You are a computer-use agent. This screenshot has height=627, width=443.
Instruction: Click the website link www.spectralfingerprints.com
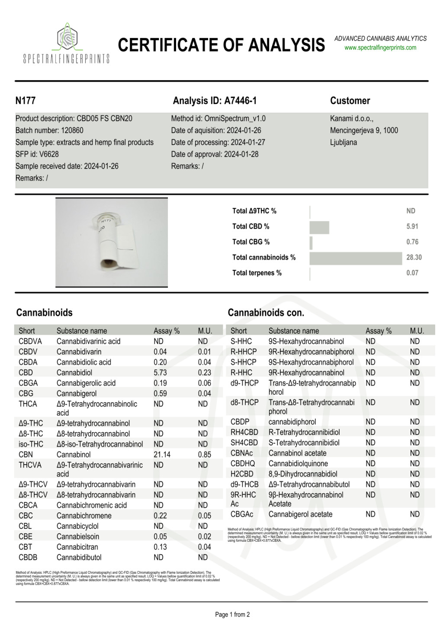pos(380,48)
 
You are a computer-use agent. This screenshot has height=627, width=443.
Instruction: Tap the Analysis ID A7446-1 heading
pos(215,101)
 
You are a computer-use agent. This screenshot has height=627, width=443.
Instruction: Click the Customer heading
pos(350,101)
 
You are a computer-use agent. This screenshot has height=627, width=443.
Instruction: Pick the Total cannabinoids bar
pos(356,258)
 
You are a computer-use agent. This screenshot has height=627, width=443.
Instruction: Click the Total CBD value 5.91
pos(412,226)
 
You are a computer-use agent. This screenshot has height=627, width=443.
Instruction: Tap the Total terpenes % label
pos(257,273)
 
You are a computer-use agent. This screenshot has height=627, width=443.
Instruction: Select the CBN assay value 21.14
pos(162,455)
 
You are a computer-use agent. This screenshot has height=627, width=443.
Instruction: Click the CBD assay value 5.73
pos(160,372)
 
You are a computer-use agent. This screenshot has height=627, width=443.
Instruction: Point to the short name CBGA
pos(28,383)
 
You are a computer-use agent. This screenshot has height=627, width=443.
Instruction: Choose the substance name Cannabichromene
pos(84,516)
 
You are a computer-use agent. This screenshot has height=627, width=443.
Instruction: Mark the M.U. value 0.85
pos(205,455)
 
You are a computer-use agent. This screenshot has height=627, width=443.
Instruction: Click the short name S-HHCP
pos(243,362)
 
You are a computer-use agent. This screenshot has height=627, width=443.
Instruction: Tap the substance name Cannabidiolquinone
pos(298,463)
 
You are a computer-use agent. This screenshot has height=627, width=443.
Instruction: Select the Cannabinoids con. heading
pos(266,313)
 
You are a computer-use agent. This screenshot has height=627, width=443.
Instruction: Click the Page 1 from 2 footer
pos(232,614)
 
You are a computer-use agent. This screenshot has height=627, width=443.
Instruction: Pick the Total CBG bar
pos(311,242)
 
